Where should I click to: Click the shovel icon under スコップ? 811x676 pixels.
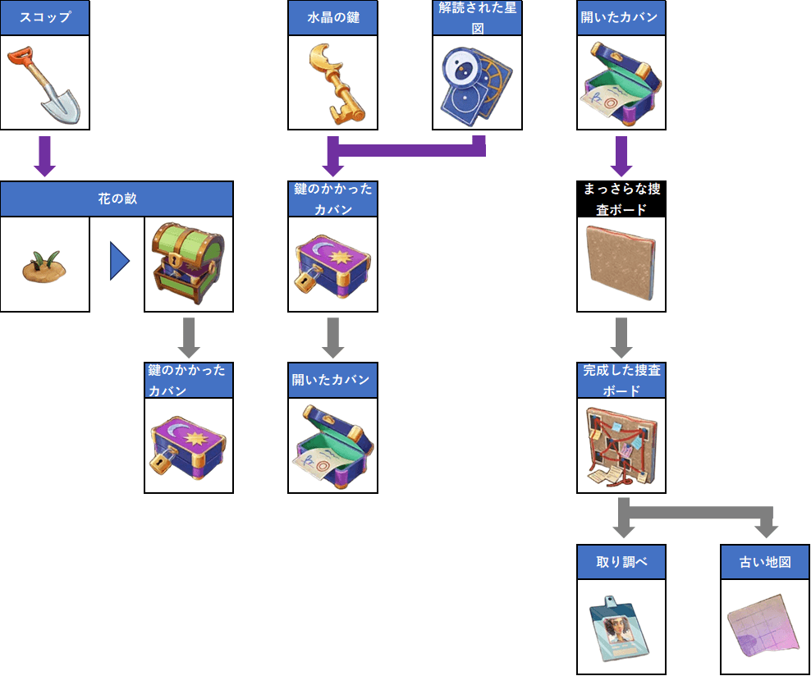(44, 84)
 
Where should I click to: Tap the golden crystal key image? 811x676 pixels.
(336, 84)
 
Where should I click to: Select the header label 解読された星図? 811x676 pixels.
(477, 17)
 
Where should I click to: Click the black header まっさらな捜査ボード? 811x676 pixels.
(621, 199)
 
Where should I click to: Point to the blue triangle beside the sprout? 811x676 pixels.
(119, 261)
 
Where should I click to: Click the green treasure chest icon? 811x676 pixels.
(188, 263)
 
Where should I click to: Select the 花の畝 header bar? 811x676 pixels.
(117, 199)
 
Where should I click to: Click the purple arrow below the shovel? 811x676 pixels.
(44, 156)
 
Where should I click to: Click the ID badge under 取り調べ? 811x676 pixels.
(619, 628)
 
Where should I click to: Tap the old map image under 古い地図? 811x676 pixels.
(764, 627)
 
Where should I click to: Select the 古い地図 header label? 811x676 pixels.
(765, 562)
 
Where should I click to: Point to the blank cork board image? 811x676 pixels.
(621, 264)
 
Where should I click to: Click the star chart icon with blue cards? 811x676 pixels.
(476, 86)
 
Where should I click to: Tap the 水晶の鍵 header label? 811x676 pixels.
(333, 17)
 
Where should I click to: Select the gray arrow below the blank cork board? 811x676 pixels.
(621, 337)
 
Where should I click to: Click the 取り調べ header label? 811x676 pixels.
(621, 562)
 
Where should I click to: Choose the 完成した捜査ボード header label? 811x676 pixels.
(621, 381)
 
